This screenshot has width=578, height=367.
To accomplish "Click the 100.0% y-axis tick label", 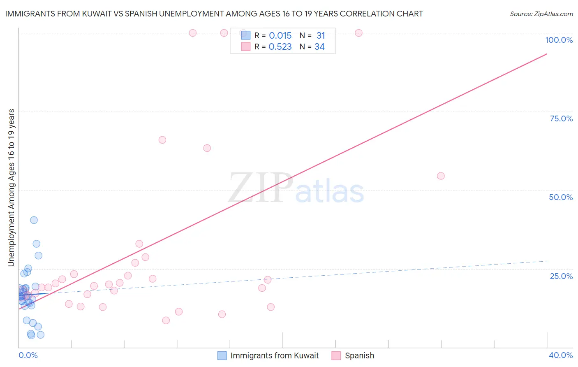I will coord(559,40).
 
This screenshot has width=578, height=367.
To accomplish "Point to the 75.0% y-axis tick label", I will coord(561,118).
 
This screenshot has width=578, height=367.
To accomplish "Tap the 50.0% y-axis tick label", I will coord(561,197).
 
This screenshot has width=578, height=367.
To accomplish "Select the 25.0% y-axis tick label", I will coord(561,276).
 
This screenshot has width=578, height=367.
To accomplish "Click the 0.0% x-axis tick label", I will coord(28,355).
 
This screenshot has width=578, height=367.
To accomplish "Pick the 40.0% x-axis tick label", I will coord(560,355).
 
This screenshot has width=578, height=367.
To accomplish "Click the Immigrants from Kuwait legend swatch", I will coord(222,355).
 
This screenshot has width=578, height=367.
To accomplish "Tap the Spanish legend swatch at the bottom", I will coord(336,355).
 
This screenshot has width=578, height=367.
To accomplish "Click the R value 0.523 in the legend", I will coord(280,47).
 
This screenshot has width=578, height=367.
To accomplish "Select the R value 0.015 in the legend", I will coord(280,36).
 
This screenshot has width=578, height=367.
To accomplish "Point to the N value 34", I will coord(319,47).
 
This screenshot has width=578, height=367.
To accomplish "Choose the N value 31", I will coord(321,36).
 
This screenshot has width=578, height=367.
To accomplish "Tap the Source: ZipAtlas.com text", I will coord(541,14).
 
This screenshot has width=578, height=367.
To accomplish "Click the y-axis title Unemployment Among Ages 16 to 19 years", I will coord(12,188).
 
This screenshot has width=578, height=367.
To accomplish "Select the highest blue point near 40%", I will coord(34,220).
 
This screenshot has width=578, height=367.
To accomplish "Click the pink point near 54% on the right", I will coord(441,176).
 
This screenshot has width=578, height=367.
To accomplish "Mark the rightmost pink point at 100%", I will coord(358,33).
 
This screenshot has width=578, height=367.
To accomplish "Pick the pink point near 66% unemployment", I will coord(162,140).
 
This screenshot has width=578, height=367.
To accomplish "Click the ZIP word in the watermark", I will coord(261,188).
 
